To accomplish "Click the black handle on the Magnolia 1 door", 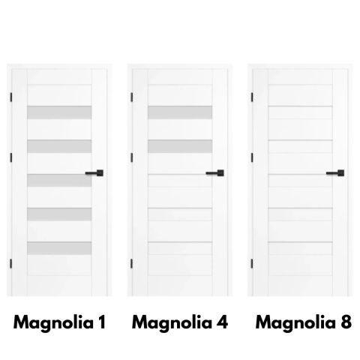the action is point(94,173).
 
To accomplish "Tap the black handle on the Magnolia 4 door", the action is point(215,173).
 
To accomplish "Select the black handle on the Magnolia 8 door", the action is point(335,173).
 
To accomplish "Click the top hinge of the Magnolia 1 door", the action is point(11,97).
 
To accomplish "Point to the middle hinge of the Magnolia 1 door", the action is point(11,157).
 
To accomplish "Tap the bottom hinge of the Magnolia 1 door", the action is point(11,264).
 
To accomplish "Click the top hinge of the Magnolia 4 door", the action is point(131,97).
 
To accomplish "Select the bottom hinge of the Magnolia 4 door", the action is point(131,264).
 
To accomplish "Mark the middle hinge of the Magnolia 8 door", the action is point(252,157).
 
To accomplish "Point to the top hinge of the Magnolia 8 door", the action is point(252,97).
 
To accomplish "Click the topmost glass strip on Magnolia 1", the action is point(59,112).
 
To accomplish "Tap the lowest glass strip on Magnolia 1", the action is point(59,248).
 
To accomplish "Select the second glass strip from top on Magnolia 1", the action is point(59,146).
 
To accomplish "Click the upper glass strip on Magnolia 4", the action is point(180,112).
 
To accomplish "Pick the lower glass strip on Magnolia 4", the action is point(180,146).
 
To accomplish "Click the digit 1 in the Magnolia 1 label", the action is point(102,322).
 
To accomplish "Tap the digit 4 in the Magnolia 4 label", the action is point(222,322).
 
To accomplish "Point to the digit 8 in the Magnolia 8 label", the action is point(346,322).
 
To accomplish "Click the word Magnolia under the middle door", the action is point(172,323).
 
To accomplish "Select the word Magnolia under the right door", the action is point(295,323).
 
